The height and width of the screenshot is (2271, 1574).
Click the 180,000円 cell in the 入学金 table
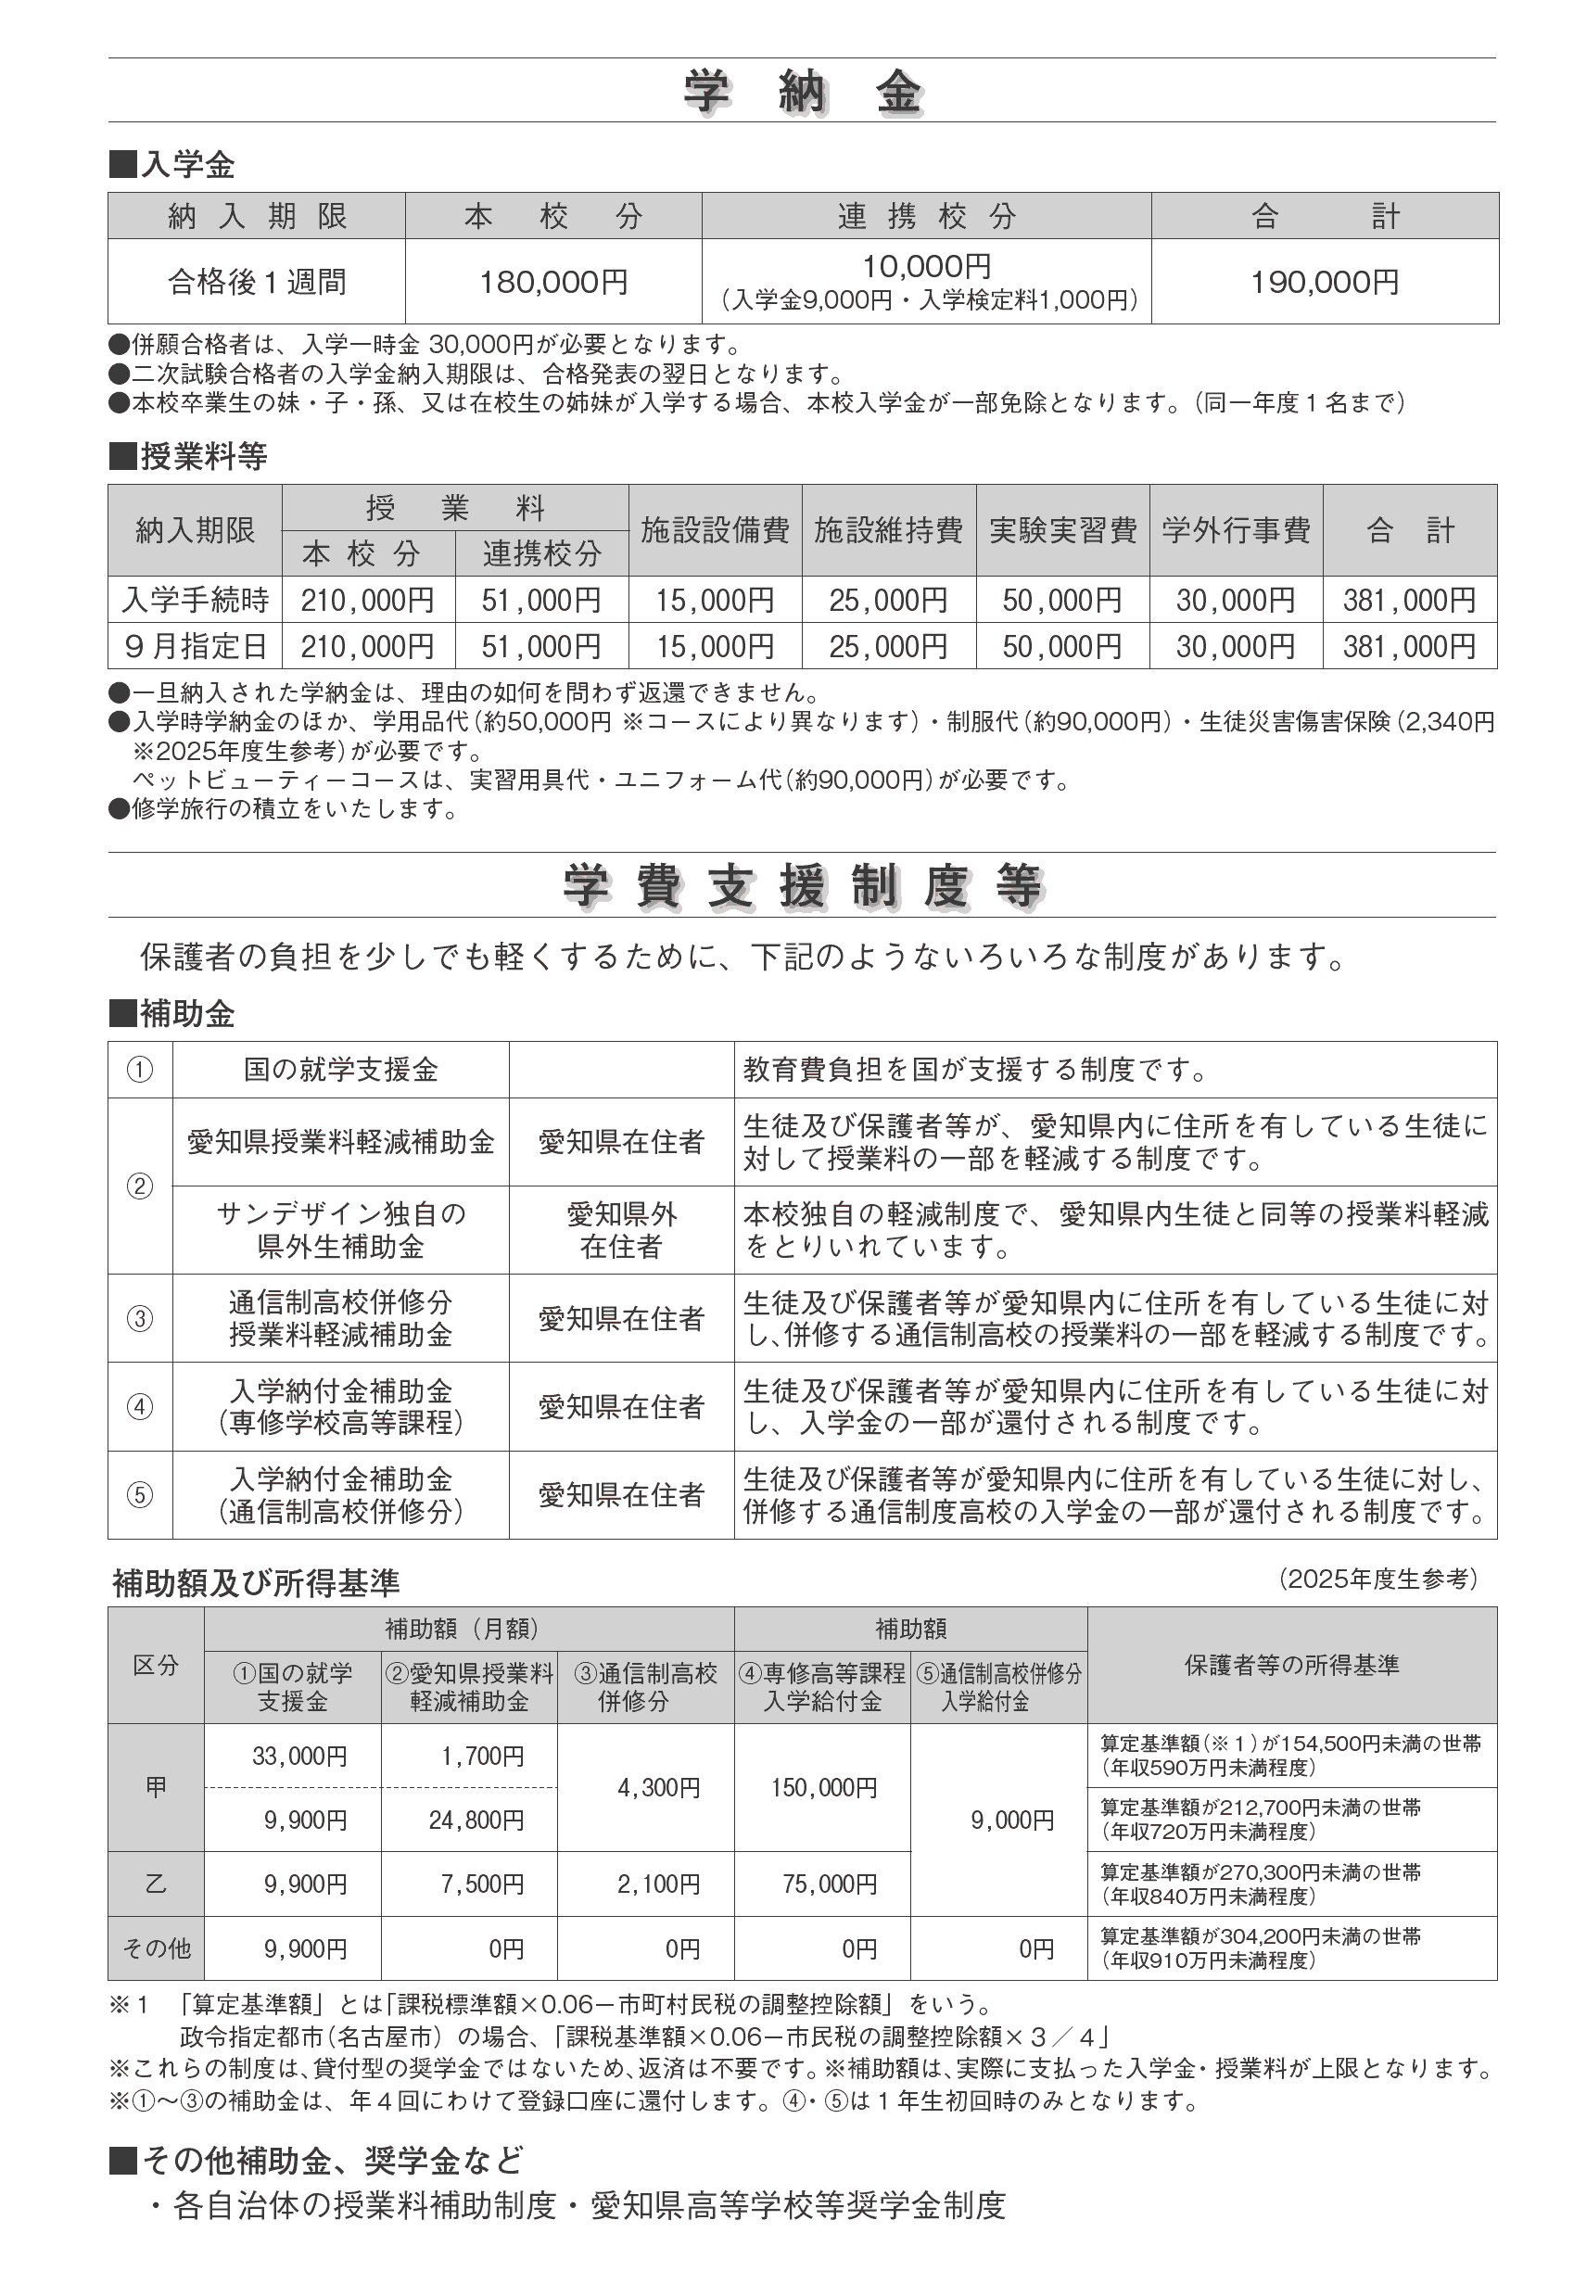tap(553, 282)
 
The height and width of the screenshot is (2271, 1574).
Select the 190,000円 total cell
tap(1325, 282)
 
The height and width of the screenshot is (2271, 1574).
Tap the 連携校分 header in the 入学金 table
tap(926, 216)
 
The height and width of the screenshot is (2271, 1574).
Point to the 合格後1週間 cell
tap(257, 282)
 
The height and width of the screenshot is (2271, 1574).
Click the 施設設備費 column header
tap(715, 530)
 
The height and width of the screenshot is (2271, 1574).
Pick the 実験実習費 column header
tap(1062, 530)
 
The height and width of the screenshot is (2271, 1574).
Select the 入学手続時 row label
tap(196, 600)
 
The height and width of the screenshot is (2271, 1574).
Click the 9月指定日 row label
tap(196, 646)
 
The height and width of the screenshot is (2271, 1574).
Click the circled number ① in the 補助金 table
tap(140, 1070)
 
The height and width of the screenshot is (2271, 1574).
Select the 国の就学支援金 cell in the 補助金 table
tap(340, 1070)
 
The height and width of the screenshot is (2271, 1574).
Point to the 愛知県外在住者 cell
tap(621, 1230)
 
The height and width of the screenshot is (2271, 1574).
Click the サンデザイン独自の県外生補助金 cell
tap(340, 1230)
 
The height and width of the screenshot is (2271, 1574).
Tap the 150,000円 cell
tap(823, 1788)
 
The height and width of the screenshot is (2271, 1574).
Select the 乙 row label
tap(156, 1884)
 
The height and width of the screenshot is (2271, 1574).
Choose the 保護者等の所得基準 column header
tap(1291, 1666)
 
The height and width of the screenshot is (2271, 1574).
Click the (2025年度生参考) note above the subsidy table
tap(1377, 1579)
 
